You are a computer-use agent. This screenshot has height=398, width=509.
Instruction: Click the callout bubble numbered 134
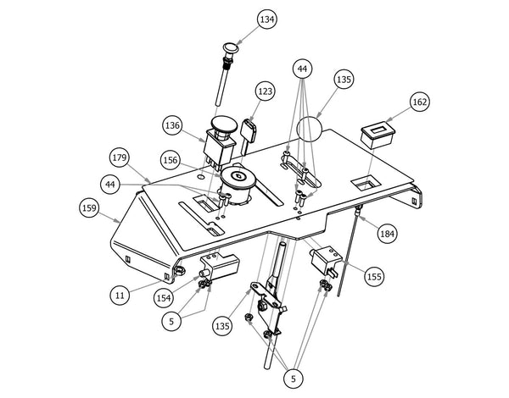pos(244,19)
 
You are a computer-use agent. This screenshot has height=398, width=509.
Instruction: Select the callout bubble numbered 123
pos(264,91)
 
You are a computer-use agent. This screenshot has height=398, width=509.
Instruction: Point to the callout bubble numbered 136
pos(173,125)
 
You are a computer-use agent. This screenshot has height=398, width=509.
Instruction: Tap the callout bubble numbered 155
pos(374,275)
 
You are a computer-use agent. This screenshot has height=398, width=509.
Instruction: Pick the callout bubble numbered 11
pos(121,295)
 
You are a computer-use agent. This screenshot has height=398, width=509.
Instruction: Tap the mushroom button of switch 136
pos(223,126)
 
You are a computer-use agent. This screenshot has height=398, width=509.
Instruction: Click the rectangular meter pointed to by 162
pos(378,135)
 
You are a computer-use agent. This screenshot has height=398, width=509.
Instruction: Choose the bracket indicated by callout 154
pos(220,268)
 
